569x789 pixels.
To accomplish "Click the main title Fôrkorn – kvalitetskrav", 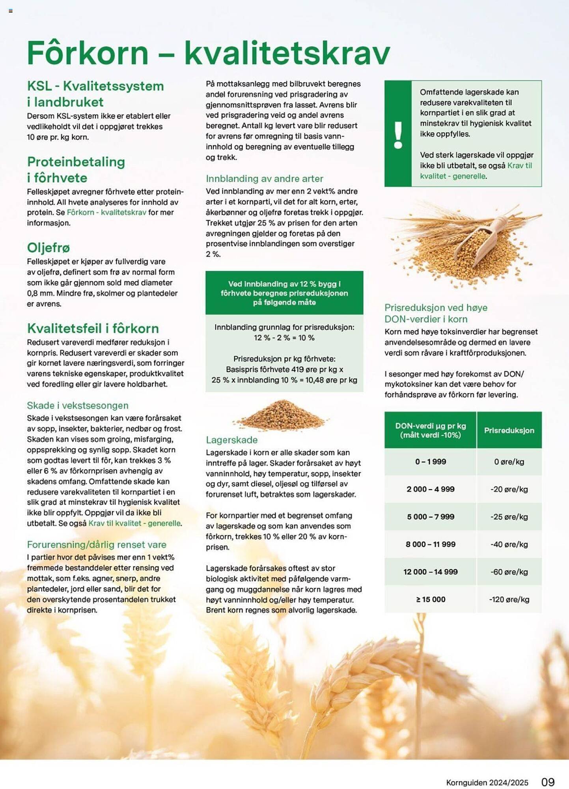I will point(208,53).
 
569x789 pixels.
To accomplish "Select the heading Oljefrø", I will point(48,248).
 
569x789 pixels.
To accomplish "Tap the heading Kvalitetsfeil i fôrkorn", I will point(93,328).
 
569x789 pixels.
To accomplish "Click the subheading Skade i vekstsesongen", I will point(78,406).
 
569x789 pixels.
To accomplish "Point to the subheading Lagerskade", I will point(231,440).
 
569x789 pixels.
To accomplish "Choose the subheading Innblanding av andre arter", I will point(264,179).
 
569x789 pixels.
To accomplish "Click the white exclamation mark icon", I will point(398,134).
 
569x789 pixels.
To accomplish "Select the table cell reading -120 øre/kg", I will point(509,599).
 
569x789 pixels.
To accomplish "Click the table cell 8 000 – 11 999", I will point(430,544).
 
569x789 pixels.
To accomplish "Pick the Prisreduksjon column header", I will point(509,430).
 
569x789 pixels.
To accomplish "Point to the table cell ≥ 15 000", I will point(430,599).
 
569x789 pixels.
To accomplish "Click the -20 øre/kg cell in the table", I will point(509,489).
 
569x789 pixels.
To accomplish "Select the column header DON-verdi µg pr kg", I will point(430,430).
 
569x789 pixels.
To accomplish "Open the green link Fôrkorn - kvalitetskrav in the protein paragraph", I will point(106,212).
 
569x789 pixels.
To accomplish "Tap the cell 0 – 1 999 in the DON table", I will point(430,462).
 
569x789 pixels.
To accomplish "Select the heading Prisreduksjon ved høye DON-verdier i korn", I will point(436,313).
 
